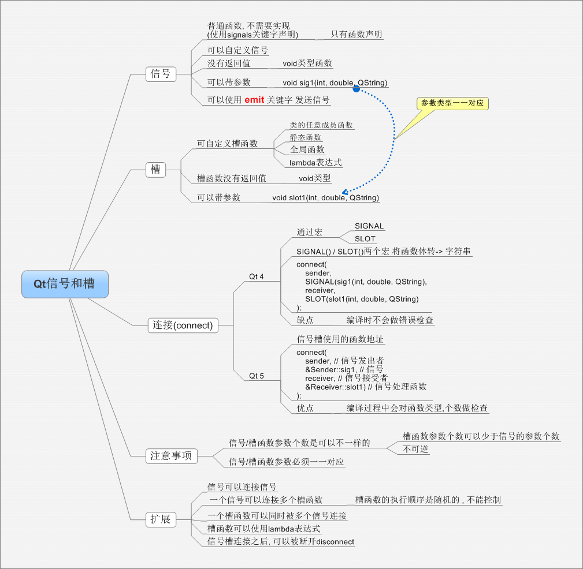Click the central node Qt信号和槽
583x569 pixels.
tap(65, 284)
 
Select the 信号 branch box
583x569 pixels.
tap(161, 74)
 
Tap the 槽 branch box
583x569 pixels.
tap(155, 169)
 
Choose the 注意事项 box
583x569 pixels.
tap(171, 456)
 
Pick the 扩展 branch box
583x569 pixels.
tap(161, 519)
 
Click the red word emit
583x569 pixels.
tap(254, 100)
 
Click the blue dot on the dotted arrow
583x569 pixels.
tap(357, 88)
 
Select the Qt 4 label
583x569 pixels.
tap(256, 277)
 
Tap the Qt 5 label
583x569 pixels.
tap(256, 376)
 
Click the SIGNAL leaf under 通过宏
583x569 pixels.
tap(369, 226)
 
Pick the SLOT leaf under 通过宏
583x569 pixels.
tap(365, 239)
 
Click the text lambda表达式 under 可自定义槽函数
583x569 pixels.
tap(315, 163)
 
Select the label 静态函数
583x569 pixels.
tap(306, 137)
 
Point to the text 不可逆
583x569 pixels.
tap(415, 449)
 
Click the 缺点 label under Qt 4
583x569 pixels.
tap(305, 320)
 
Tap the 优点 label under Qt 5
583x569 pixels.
tap(305, 408)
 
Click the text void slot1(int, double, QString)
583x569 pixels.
tap(326, 198)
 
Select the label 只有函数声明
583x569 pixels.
tap(357, 35)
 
